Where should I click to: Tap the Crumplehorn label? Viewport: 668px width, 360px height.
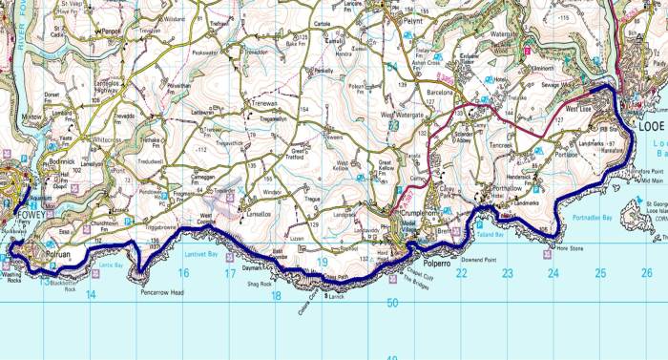pyautogui.click(x=416, y=212)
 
